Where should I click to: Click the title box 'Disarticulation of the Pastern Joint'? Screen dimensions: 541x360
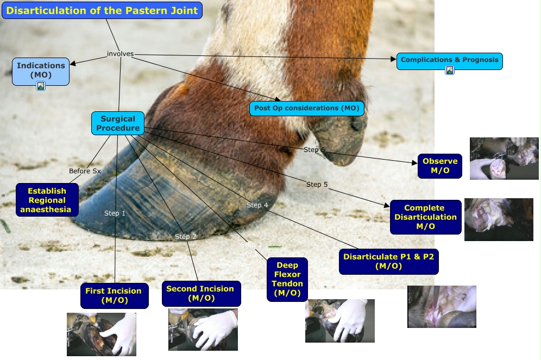(102, 10)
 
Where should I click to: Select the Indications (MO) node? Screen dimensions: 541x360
(41, 71)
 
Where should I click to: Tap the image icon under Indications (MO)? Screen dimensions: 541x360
(41, 86)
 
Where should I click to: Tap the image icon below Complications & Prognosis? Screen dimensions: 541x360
(450, 71)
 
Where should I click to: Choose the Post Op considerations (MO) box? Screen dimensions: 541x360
(307, 108)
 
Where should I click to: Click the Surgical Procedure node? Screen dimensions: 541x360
(118, 123)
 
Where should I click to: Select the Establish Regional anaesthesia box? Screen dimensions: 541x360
(47, 200)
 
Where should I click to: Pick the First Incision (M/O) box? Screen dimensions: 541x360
(115, 295)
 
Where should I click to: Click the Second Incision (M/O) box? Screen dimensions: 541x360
(201, 293)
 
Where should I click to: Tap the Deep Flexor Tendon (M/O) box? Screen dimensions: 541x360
(287, 279)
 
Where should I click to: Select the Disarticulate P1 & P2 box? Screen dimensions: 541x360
(389, 261)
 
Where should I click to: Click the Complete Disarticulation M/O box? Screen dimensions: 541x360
(426, 217)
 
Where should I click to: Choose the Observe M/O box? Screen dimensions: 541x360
(440, 166)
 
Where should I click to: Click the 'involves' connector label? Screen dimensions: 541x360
(120, 54)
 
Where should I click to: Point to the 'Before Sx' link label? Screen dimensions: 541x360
(85, 170)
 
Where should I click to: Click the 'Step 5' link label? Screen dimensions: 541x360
(317, 185)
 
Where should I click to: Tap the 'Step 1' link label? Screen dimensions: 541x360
(115, 213)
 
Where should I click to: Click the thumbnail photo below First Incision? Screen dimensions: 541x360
(102, 334)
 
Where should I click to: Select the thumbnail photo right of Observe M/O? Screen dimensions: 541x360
(504, 158)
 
